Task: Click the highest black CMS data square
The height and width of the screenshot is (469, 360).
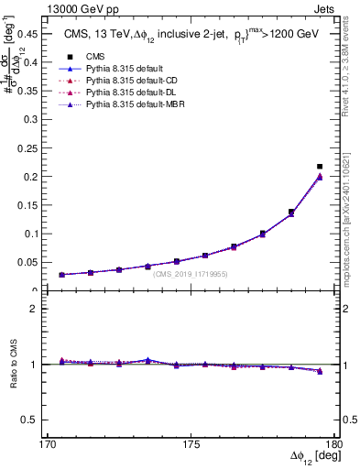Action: click(320, 167)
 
